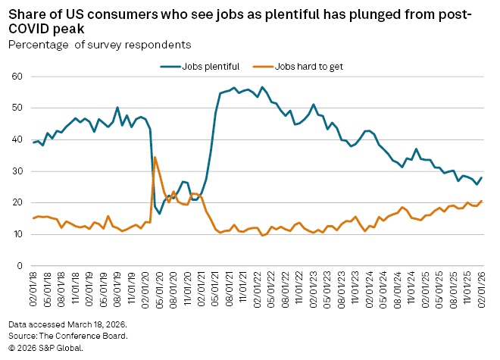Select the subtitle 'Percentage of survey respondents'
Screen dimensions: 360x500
(99, 45)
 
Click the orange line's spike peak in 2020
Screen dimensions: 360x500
(155, 157)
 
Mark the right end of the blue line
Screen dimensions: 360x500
(482, 177)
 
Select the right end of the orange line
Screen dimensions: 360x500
(482, 201)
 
